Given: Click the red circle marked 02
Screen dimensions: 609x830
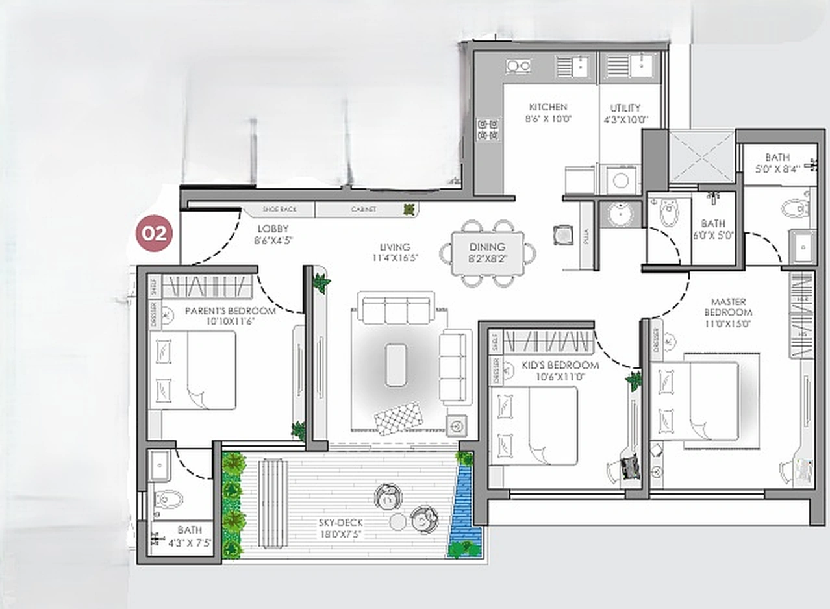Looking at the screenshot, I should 155,233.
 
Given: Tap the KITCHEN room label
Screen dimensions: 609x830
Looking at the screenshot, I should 547,107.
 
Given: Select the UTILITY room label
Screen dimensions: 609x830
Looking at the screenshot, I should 625,108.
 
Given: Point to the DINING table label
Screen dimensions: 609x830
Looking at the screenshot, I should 487,247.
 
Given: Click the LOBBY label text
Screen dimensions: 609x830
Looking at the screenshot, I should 273,229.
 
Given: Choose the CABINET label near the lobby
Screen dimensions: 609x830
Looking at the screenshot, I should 364,210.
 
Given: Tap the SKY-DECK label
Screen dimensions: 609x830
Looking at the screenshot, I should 340,523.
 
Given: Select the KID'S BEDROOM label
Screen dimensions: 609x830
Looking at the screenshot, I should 560,366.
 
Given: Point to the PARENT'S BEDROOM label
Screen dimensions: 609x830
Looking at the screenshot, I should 230,311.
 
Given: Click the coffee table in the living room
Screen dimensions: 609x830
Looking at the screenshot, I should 396,364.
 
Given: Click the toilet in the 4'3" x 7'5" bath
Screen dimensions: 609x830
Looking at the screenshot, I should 168,501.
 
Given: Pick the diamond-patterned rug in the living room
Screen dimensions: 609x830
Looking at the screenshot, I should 398,418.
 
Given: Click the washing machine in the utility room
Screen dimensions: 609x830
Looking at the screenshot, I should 621,180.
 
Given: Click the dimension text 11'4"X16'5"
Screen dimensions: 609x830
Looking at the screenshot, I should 395,258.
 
